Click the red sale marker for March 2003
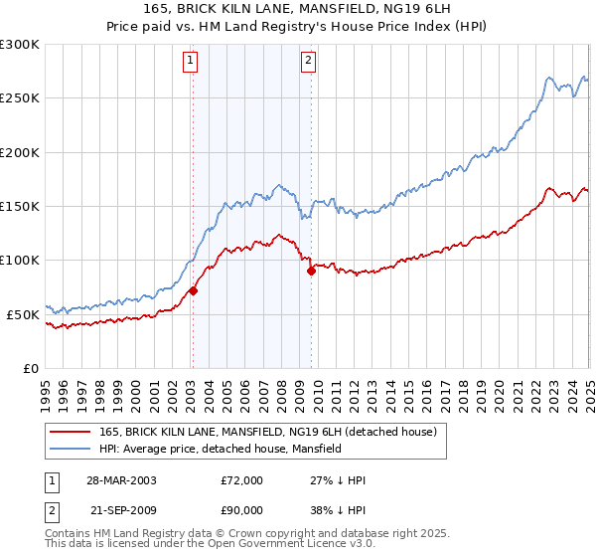[193, 290]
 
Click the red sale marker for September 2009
[311, 271]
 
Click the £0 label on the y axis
[30, 368]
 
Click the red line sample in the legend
[70, 432]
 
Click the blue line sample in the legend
[70, 450]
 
